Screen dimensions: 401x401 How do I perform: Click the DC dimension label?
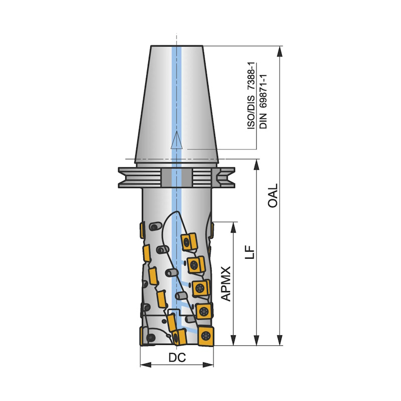177,357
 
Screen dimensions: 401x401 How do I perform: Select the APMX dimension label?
226,284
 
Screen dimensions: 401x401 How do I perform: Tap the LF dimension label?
250,252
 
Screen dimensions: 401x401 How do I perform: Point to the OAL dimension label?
273,195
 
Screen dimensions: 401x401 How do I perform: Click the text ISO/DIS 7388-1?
251,95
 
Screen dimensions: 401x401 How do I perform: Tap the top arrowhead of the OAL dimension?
280,52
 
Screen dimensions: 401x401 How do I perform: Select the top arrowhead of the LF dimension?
256,164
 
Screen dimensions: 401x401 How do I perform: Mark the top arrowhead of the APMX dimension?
233,228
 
